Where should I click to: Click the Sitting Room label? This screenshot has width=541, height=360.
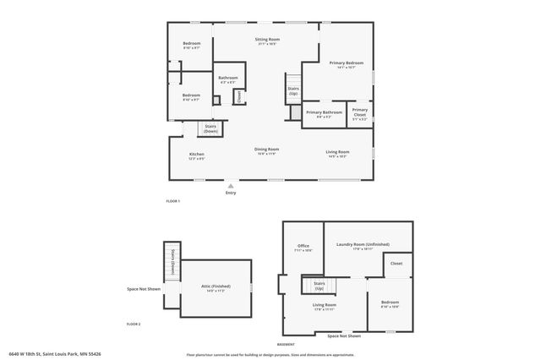tap(268, 40)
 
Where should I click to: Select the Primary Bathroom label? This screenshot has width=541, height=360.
tap(324, 112)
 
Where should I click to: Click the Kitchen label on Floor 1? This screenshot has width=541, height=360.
tap(196, 155)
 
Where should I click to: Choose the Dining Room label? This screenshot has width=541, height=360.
tap(267, 150)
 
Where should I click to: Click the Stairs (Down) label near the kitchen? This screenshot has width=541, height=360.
tap(210, 128)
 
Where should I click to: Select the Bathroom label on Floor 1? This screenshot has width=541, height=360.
tap(228, 78)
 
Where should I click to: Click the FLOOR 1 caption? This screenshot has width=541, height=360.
tap(172, 201)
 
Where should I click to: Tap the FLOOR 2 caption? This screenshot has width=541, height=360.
tap(134, 325)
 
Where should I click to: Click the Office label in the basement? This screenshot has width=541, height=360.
tap(303, 246)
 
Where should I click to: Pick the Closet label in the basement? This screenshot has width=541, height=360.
tap(396, 264)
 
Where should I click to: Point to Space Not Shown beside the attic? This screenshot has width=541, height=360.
tap(144, 288)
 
